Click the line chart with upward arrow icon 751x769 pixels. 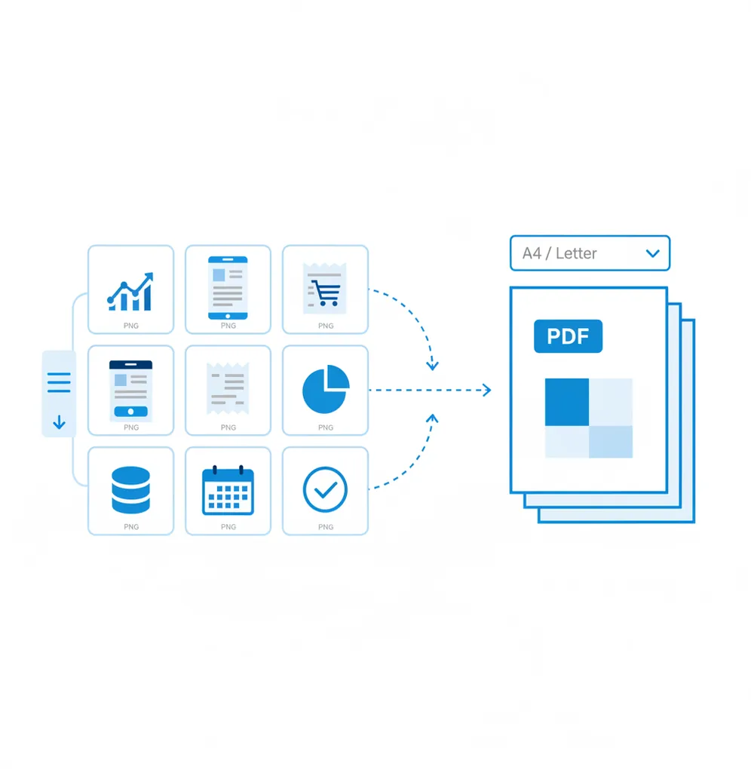click(x=130, y=292)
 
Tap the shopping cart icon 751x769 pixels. click(x=325, y=293)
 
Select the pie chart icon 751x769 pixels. click(x=326, y=389)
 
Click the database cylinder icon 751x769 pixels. click(x=131, y=490)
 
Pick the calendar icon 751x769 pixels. click(x=228, y=490)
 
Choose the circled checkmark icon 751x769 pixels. click(x=325, y=489)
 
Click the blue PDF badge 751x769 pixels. click(x=568, y=336)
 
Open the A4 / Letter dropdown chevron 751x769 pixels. click(x=652, y=253)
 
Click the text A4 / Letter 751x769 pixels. click(x=559, y=253)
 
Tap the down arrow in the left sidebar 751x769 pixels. click(x=60, y=421)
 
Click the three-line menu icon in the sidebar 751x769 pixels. click(x=59, y=382)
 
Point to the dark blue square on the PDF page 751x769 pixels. click(x=567, y=402)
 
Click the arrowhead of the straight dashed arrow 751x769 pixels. click(x=487, y=390)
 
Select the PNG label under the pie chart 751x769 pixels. click(x=326, y=427)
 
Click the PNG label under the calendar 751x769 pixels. click(x=228, y=527)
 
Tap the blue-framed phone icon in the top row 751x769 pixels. click(x=228, y=288)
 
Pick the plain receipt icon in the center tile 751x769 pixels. click(x=228, y=389)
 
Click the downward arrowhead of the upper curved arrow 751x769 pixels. click(x=432, y=366)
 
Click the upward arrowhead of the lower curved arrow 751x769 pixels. click(x=432, y=418)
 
